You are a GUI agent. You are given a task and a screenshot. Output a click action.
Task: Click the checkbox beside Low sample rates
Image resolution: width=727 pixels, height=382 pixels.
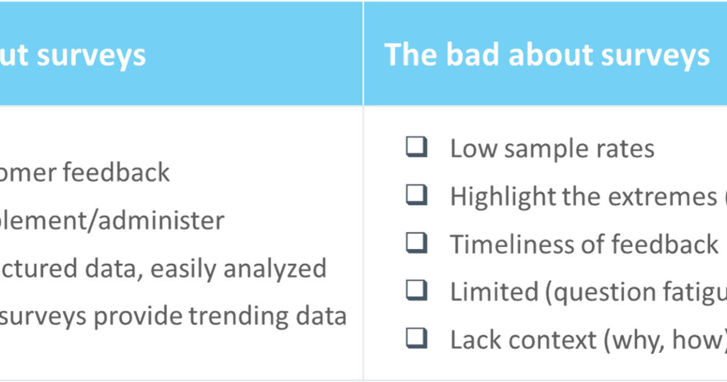(416, 147)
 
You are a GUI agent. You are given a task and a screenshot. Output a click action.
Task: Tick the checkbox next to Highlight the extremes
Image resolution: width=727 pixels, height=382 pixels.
(416, 195)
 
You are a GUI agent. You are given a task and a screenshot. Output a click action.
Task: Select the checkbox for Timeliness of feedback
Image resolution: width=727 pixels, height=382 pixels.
(416, 243)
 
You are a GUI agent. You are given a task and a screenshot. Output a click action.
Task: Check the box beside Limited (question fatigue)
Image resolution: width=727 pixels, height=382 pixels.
(416, 290)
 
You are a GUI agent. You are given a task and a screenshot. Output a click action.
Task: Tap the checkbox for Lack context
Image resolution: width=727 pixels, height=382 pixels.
(416, 338)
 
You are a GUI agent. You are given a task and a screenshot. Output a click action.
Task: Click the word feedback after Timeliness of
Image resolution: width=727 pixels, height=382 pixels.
(665, 244)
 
